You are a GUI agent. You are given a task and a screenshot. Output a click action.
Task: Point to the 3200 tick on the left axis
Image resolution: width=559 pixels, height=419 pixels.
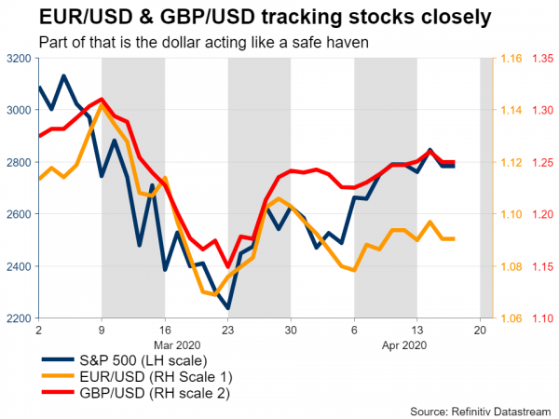click(x=18, y=59)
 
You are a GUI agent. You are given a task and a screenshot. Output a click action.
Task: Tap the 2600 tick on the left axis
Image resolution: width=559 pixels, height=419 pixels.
click(x=18, y=215)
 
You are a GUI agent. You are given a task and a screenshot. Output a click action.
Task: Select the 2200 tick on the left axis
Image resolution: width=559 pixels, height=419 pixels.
click(x=18, y=319)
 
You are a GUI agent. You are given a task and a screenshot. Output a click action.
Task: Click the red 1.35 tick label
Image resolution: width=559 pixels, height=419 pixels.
click(x=543, y=59)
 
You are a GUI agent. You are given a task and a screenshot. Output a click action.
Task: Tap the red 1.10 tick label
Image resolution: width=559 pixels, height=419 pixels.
click(x=543, y=319)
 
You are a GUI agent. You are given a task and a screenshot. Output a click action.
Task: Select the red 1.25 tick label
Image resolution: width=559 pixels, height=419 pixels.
click(x=543, y=163)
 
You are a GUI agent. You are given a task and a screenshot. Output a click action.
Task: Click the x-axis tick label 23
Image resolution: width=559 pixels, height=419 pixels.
click(x=228, y=331)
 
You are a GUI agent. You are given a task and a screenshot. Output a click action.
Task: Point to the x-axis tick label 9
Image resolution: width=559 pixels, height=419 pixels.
click(x=102, y=331)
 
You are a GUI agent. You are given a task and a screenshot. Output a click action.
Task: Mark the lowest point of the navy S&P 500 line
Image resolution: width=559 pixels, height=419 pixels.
click(x=228, y=308)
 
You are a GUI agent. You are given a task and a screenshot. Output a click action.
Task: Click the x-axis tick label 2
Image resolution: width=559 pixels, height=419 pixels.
click(x=38, y=331)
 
